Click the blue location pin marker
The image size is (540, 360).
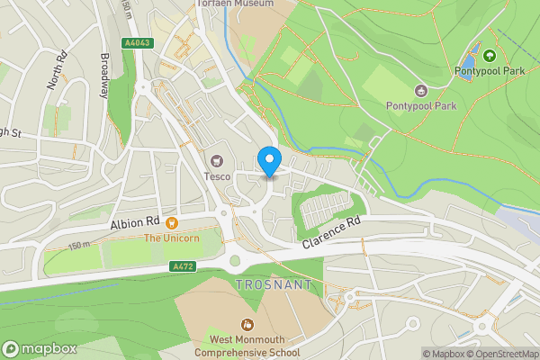(268, 161)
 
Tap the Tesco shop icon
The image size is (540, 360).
(216, 161)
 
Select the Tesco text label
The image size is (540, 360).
(216, 176)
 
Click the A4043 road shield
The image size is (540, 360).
(138, 42)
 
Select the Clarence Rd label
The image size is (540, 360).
(330, 232)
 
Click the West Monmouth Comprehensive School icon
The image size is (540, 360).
(246, 324)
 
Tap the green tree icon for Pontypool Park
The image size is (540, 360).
(490, 56)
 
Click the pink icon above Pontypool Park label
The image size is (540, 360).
(420, 90)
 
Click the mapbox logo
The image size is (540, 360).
(39, 348)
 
